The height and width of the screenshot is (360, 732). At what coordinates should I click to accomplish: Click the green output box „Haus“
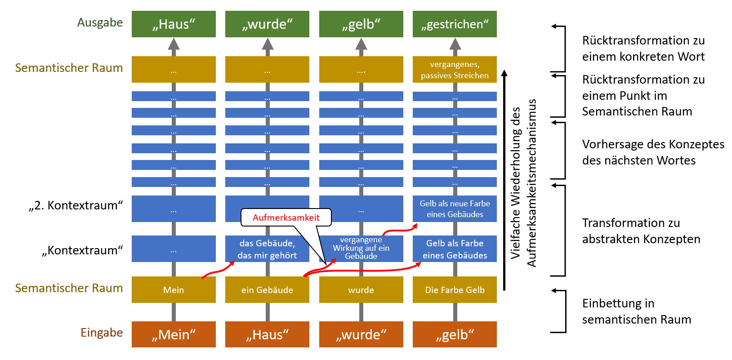[174, 24]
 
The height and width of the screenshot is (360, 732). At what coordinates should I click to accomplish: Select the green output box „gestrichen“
[455, 24]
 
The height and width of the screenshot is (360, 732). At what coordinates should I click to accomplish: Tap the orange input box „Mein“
[174, 334]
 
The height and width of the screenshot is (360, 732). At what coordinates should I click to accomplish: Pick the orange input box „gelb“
[455, 334]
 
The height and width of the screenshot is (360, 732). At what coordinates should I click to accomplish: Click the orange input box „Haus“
[267, 334]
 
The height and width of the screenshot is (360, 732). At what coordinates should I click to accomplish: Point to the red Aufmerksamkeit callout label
[286, 218]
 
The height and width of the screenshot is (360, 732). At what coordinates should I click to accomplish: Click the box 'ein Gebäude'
[267, 290]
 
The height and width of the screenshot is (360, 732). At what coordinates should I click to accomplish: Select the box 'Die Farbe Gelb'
[455, 290]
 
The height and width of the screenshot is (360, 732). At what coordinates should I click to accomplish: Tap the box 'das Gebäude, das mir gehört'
[267, 249]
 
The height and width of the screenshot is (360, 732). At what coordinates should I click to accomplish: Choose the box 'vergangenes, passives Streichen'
[455, 70]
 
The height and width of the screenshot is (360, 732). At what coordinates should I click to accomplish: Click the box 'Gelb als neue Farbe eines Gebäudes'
[455, 209]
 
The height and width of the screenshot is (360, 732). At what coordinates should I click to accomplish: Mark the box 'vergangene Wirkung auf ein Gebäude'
[361, 249]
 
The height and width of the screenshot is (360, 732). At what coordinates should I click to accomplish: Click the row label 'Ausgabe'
[100, 22]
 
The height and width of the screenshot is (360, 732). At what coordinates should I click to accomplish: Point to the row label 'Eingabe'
[102, 333]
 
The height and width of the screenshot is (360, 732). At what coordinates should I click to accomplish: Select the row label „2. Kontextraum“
[76, 205]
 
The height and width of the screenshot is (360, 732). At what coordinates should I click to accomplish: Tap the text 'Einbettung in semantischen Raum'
[636, 311]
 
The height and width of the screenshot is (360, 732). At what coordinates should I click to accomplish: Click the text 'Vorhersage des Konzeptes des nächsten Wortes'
[653, 152]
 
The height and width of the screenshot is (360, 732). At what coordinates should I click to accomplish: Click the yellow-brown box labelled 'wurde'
[361, 290]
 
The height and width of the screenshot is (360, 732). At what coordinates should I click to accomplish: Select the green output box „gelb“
[361, 24]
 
